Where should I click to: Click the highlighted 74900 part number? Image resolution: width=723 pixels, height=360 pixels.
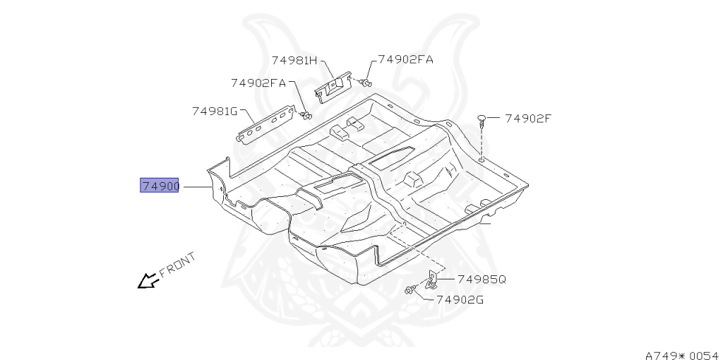160,186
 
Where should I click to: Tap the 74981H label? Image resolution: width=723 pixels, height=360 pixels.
294,61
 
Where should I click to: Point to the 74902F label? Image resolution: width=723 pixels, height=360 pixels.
527,119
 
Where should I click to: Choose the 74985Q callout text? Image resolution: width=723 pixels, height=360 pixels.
482,279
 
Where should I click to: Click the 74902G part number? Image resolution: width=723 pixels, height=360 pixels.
460,299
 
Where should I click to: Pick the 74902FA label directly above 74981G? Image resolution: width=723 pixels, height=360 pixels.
258,83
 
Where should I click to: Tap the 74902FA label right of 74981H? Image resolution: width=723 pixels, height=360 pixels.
405,60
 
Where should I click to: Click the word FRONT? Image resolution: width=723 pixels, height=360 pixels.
177,265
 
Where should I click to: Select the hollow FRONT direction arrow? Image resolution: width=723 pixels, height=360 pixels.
147,281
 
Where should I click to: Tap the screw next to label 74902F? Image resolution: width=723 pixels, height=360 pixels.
482,119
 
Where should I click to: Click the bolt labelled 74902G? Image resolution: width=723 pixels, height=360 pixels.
410,289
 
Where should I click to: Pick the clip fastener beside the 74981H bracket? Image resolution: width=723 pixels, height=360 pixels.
365,83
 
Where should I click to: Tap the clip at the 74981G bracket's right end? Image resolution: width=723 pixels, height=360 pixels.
306,114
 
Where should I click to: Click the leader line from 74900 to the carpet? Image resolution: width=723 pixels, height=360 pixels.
197,187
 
